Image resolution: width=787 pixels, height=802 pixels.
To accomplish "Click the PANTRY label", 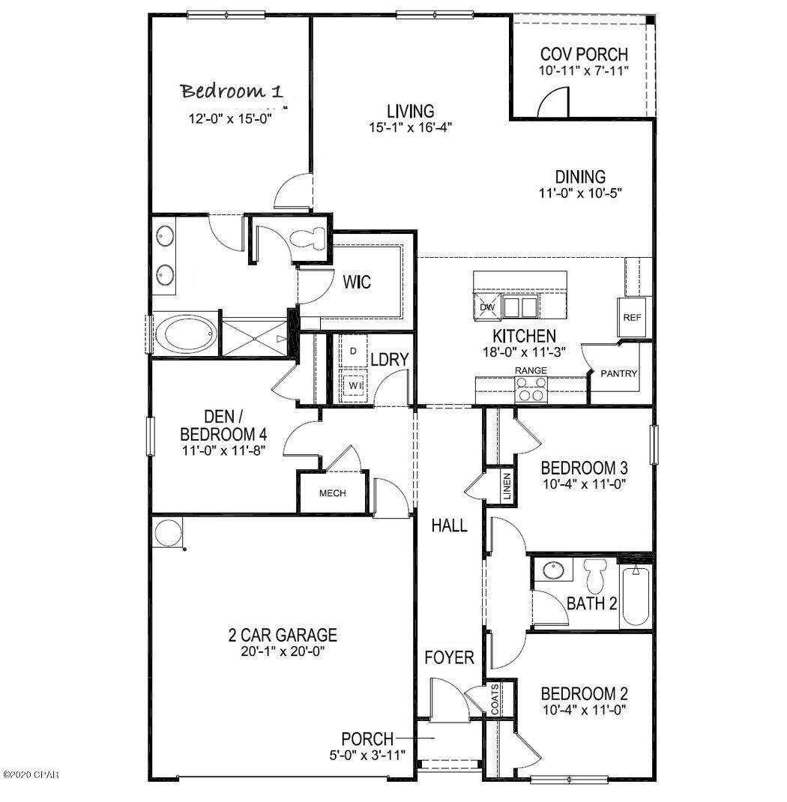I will coord(618,373).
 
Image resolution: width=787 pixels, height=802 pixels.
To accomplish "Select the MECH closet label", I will coord(332,493).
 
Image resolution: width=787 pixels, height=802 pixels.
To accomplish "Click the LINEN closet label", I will coord(507,487).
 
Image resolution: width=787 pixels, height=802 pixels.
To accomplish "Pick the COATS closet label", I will coord(495,699).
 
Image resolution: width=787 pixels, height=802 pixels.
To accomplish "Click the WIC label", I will coord(357,283).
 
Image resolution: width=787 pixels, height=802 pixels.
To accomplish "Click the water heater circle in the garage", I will coord(166,534).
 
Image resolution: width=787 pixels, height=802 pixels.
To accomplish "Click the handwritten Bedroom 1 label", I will coord(232,92).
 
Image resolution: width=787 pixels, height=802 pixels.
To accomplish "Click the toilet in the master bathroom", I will coord(308,239).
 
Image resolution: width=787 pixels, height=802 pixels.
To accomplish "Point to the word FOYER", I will coord(449,658).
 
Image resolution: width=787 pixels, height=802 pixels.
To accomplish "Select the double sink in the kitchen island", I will coord(520,307).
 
